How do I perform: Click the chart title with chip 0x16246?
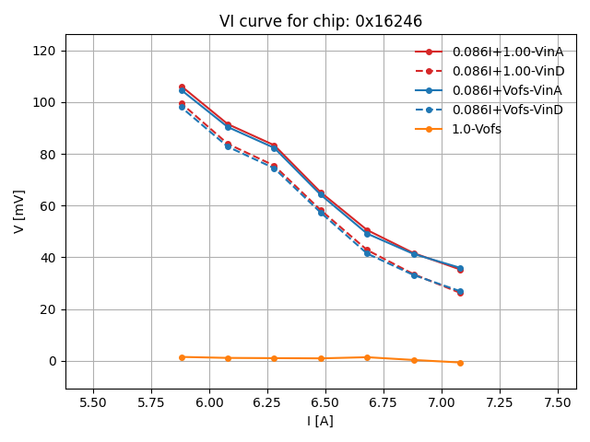tap(321, 21)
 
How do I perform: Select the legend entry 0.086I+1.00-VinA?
tap(507, 52)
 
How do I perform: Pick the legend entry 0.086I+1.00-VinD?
tap(507, 71)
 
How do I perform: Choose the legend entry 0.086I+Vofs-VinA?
tap(506, 90)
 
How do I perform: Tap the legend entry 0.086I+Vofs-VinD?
tap(506, 110)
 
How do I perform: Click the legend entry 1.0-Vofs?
tap(477, 129)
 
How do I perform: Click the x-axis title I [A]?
tap(321, 421)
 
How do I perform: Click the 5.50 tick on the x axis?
tap(93, 401)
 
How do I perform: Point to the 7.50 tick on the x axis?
tap(558, 401)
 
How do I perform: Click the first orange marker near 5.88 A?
tap(182, 357)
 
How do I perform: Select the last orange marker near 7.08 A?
tap(460, 363)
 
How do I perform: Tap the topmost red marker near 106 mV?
tap(182, 87)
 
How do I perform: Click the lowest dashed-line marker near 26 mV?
tap(460, 293)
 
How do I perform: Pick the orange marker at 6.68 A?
tap(367, 357)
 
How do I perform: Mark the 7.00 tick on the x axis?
tap(442, 401)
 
